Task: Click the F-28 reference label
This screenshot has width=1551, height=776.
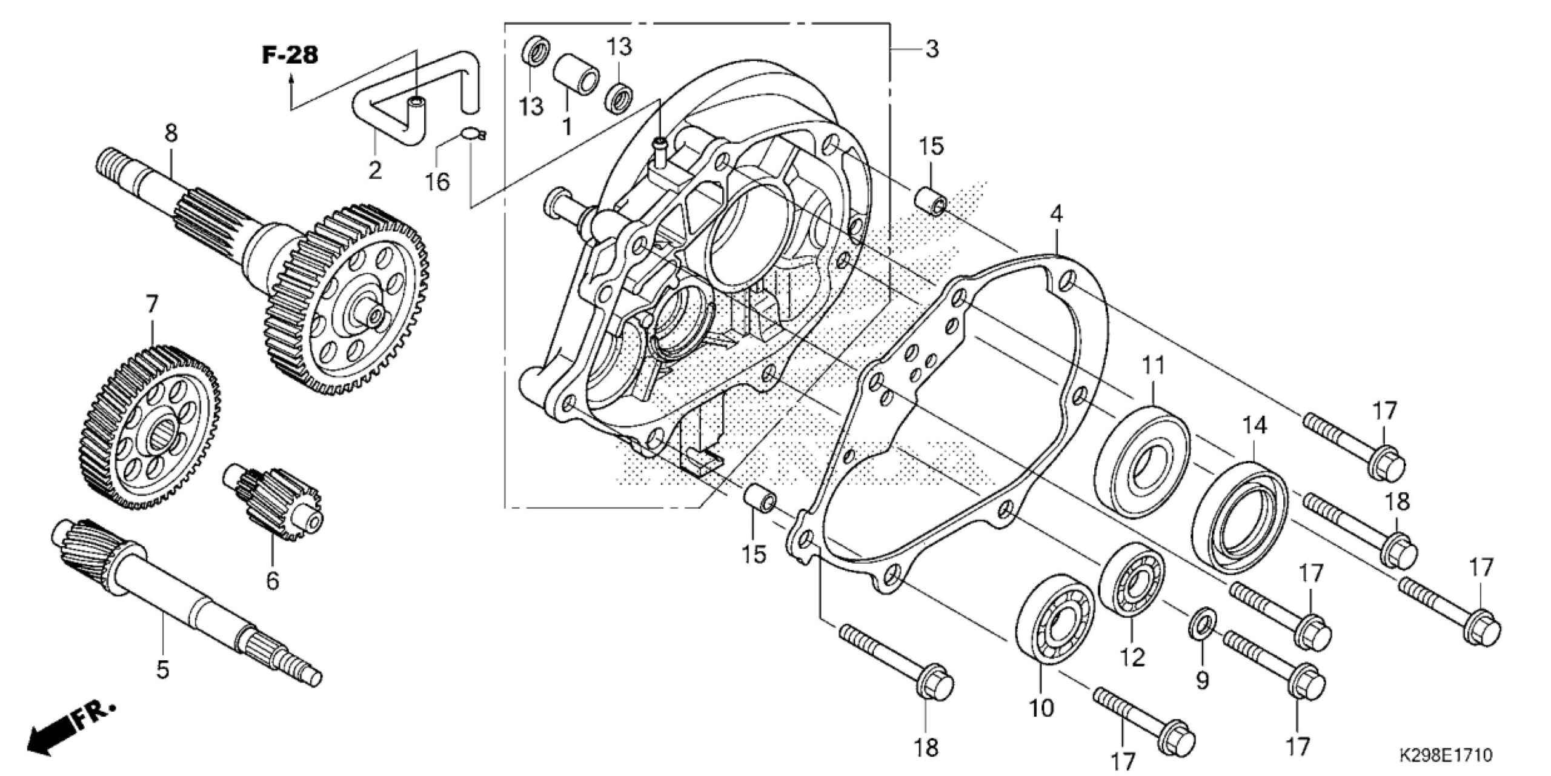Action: click(x=290, y=55)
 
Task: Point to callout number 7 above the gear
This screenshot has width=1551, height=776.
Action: click(x=151, y=303)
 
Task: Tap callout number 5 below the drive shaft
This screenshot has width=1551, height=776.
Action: click(x=162, y=669)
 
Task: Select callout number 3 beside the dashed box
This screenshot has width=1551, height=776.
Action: click(x=932, y=48)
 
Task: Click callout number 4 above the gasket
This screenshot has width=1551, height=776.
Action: click(x=1056, y=213)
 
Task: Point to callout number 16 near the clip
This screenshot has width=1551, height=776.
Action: click(x=437, y=181)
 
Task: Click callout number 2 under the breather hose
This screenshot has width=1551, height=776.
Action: click(x=375, y=170)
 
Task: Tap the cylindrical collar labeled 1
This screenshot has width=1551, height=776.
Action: click(x=576, y=82)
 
